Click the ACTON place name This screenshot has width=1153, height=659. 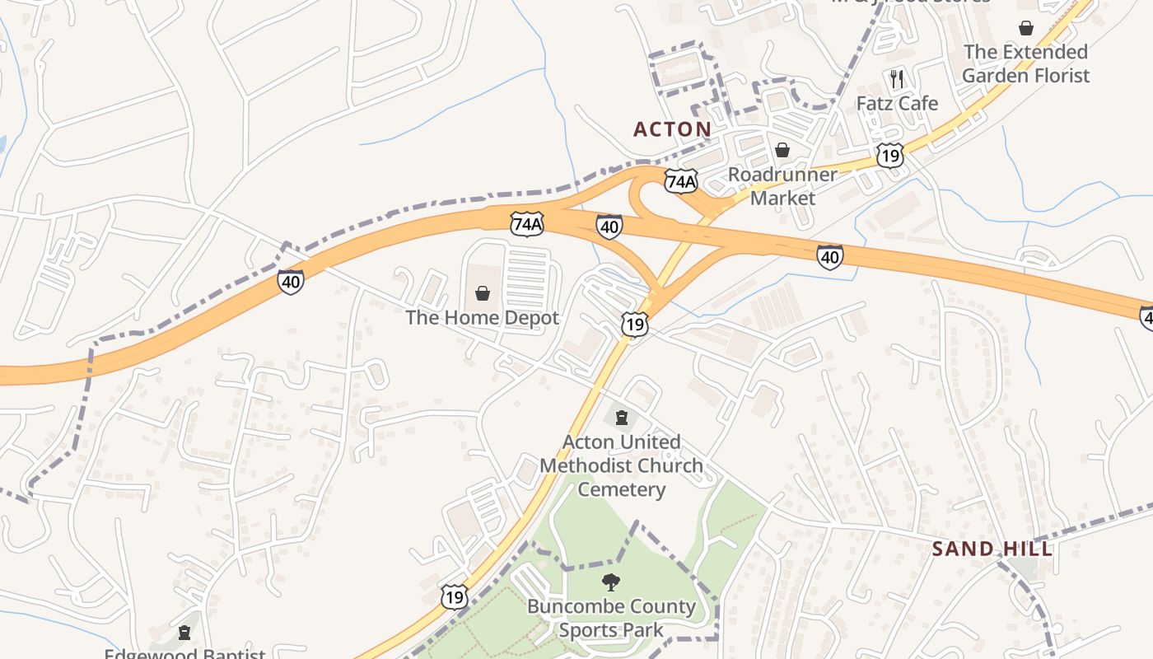tap(672, 129)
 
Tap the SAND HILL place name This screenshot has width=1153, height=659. tap(992, 549)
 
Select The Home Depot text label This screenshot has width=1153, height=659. tap(482, 318)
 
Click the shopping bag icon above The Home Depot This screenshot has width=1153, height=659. tap(483, 293)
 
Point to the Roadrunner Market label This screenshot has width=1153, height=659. tap(782, 186)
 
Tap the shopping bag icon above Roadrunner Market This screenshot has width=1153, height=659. tap(782, 150)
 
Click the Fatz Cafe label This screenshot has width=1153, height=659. tap(897, 104)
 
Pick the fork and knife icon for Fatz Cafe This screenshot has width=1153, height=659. tap(897, 79)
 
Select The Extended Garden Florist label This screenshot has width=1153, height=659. tap(1025, 63)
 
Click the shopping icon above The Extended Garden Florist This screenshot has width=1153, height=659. tap(1025, 28)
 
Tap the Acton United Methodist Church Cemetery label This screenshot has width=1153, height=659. tap(622, 465)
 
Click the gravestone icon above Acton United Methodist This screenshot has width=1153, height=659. tap(622, 417)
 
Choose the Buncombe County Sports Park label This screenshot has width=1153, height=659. tap(611, 619)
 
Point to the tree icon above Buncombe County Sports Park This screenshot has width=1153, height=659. tap(611, 582)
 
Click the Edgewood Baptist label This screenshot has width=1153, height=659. tap(184, 653)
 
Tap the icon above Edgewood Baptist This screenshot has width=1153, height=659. tap(184, 633)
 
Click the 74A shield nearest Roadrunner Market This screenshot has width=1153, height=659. tap(681, 181)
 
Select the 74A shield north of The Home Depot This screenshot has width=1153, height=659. tap(527, 223)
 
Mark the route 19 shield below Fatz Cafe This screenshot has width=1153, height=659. tap(890, 155)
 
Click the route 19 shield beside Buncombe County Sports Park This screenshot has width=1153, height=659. tap(454, 596)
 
